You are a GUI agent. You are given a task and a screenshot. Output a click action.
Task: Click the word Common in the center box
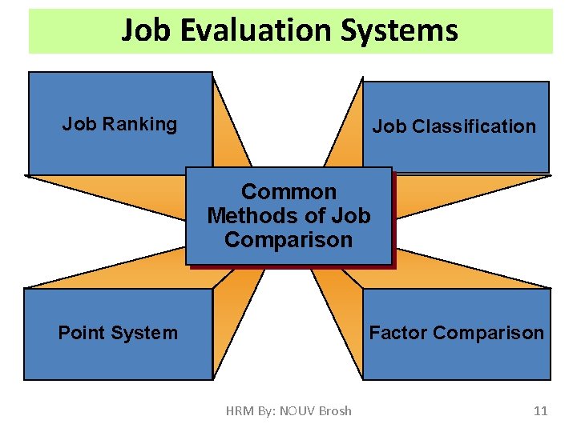[x=288, y=192]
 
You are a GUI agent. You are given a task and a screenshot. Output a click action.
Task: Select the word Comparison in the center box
[x=288, y=240]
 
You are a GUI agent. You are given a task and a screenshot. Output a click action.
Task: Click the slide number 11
[x=540, y=410]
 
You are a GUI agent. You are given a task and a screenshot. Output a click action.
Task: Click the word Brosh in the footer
[x=335, y=410]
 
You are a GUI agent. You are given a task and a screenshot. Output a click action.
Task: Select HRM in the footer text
[x=240, y=410]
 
